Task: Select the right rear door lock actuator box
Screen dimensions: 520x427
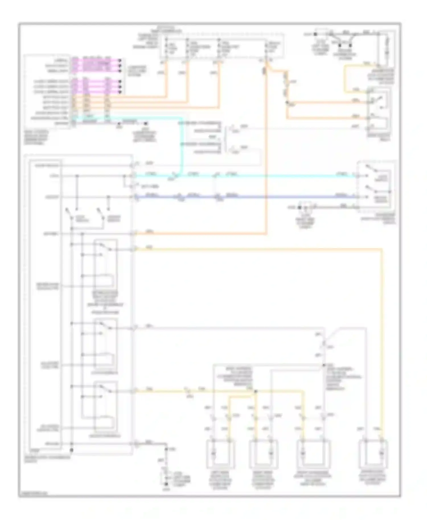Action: point(263,454)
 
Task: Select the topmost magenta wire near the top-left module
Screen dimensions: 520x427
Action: point(97,60)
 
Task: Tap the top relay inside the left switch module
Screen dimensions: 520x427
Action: point(105,263)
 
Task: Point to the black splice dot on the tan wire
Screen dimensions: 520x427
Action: point(255,392)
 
